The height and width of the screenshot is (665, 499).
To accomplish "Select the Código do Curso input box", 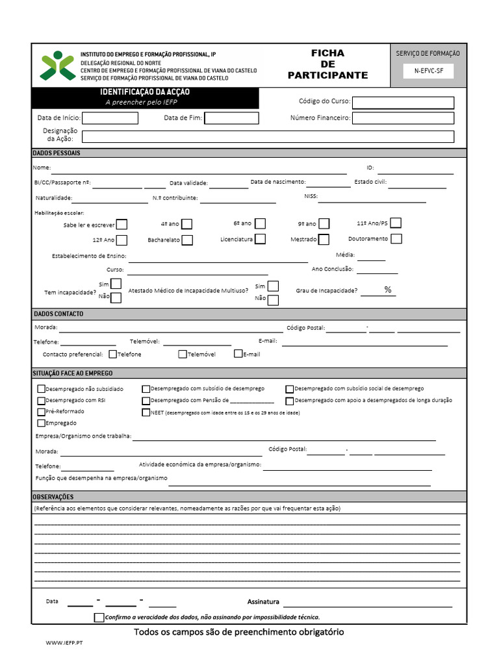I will (403, 103).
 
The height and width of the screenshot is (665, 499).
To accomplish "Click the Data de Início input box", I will (110, 118).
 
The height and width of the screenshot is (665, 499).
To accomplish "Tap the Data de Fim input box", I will (231, 118).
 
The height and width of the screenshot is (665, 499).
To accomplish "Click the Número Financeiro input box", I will (403, 118).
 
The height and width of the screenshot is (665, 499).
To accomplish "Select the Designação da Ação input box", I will (268, 136).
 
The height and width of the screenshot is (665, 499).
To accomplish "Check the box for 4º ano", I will (186, 224).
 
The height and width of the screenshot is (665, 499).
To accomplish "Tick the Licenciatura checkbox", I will (260, 239).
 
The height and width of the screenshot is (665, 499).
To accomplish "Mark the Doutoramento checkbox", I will (396, 238).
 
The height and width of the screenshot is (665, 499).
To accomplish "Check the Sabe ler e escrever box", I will (122, 225).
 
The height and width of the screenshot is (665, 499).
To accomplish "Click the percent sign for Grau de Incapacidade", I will (388, 290).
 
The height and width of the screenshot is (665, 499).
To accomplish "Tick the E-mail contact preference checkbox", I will (238, 354).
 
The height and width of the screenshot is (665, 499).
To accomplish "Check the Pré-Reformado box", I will (42, 412).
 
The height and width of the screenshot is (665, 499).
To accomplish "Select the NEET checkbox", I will (146, 412).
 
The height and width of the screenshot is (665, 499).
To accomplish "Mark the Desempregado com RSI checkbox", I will (42, 401).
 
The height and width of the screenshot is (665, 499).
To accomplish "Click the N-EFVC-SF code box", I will (428, 71).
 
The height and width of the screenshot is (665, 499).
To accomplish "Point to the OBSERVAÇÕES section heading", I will (53, 497).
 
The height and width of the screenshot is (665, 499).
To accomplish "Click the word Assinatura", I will (263, 601).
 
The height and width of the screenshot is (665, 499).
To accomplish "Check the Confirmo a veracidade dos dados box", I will (99, 617).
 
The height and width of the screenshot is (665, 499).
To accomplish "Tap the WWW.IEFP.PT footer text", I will (64, 642).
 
